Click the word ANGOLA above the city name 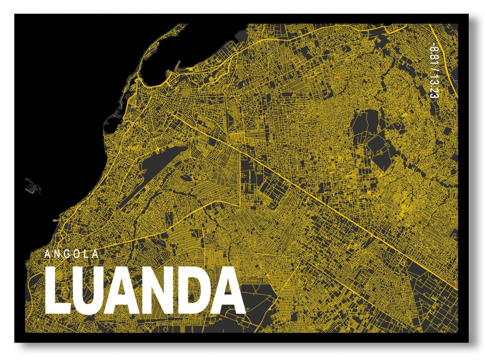click(x=72, y=254)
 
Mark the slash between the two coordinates click(x=432, y=68)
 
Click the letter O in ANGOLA click(x=77, y=254)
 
